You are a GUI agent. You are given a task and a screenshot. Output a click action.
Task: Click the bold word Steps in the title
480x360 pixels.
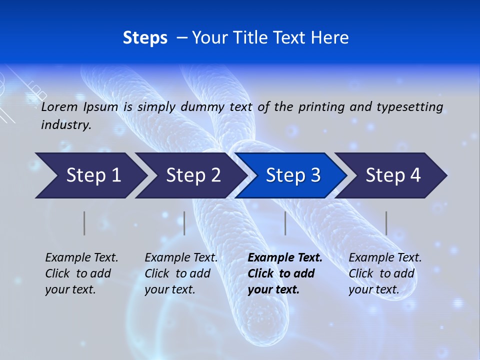145,38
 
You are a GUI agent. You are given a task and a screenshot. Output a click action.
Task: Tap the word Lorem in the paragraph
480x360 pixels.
59,106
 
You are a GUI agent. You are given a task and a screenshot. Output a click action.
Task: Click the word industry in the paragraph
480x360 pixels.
65,125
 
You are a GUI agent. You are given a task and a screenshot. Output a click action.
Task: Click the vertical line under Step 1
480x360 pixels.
84,223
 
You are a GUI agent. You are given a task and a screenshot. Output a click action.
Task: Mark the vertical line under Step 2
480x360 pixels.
184,223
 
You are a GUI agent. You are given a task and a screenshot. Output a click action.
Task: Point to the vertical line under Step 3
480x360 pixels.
285,223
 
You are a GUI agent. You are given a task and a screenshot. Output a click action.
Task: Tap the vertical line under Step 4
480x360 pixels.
386,223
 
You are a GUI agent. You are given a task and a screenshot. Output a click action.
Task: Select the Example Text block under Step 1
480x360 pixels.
81,273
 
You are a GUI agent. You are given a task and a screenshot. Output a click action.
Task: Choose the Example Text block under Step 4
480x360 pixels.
385,273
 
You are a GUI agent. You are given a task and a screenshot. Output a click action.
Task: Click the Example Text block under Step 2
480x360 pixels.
181,273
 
